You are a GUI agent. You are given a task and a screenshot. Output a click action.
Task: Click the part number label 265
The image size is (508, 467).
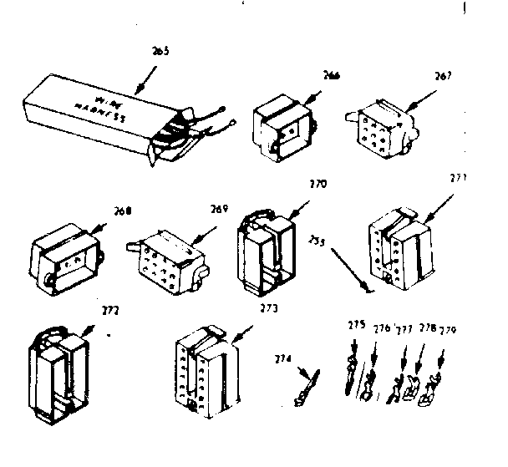[x=161, y=52]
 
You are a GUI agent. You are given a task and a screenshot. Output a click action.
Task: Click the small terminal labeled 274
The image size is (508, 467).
[x=306, y=388]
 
